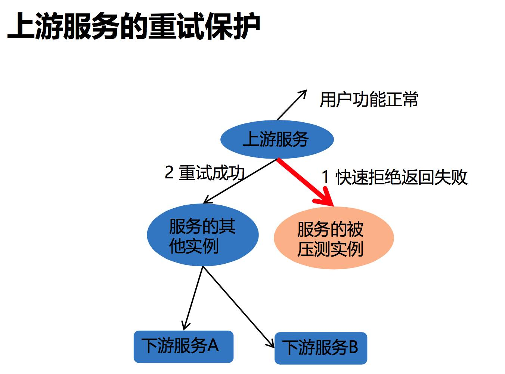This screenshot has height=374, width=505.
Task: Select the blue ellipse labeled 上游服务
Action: [x=277, y=139]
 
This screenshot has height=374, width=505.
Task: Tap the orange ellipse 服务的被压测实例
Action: [x=334, y=238]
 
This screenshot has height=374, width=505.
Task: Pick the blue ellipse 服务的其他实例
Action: [x=202, y=235]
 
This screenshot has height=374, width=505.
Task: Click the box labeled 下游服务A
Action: [x=183, y=346]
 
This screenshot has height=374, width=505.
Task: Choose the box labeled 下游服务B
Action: [x=320, y=348]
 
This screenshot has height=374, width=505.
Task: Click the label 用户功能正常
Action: [x=369, y=100]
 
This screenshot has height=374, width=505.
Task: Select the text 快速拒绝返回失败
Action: [x=402, y=177]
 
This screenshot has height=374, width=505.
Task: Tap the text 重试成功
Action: [x=211, y=173]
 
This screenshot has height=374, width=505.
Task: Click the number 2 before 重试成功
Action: [x=169, y=173]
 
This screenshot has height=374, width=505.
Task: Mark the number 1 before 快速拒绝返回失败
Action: [x=326, y=177]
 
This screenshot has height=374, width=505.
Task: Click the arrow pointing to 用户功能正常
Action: [x=291, y=105]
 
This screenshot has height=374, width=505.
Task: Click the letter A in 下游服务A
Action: [x=213, y=346]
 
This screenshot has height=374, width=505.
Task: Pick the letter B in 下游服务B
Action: [x=353, y=347]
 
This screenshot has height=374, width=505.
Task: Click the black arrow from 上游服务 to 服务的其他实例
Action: [x=239, y=182]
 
